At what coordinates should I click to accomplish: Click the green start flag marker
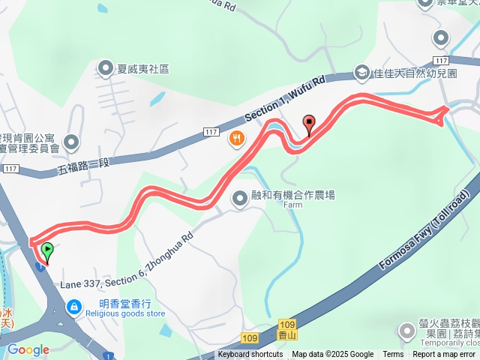[47, 250]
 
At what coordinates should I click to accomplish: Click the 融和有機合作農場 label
[292, 195]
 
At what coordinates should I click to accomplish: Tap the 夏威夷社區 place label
[142, 69]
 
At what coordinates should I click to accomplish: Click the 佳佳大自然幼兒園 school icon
[361, 73]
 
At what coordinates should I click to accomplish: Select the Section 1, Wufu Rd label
[285, 99]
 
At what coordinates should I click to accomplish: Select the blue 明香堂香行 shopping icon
[74, 306]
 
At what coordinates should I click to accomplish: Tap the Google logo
[28, 349]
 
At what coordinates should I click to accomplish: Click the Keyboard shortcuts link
[250, 355]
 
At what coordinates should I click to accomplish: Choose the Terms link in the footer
[393, 355]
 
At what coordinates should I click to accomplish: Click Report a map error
[444, 355]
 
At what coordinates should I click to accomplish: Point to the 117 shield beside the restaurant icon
[211, 133]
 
